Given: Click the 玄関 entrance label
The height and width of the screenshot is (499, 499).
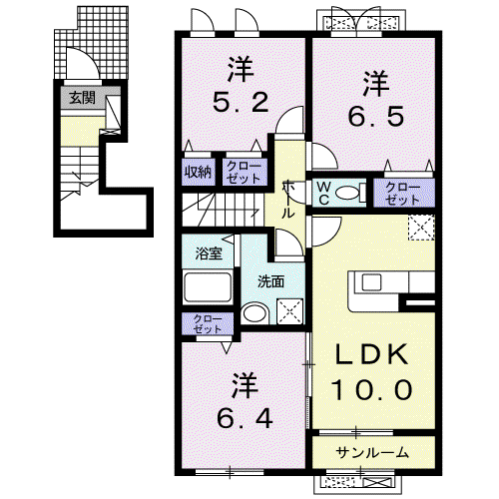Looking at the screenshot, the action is pyautogui.click(x=83, y=98).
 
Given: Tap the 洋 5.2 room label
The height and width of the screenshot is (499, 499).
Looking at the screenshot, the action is pyautogui.click(x=241, y=85).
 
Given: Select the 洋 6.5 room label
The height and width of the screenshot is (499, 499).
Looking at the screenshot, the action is pyautogui.click(x=376, y=99).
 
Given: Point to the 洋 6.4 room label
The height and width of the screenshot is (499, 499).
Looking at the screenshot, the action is pyautogui.click(x=245, y=401).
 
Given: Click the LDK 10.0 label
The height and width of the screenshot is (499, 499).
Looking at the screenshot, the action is pyautogui.click(x=371, y=372).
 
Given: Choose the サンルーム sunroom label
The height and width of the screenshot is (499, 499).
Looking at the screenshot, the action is pyautogui.click(x=372, y=453).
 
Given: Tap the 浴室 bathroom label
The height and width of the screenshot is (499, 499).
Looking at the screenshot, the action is pyautogui.click(x=209, y=254).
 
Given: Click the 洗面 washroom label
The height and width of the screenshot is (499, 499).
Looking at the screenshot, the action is pyautogui.click(x=271, y=282).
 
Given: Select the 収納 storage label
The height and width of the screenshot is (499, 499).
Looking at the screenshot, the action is pyautogui.click(x=198, y=172).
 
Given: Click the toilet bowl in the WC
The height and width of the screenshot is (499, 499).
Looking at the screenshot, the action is pyautogui.click(x=347, y=193).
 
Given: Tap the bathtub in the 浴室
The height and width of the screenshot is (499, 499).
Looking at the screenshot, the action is pyautogui.click(x=208, y=287).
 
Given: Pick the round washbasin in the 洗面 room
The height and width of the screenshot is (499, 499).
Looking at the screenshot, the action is pyautogui.click(x=254, y=313).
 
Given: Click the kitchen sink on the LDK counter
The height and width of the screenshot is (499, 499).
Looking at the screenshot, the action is pyautogui.click(x=373, y=282).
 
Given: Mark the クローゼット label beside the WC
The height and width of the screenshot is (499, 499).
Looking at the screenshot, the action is pyautogui.click(x=402, y=194).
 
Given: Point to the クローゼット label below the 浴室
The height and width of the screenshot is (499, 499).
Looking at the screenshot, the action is pyautogui.click(x=208, y=324).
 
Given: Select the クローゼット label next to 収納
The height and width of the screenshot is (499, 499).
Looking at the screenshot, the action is pyautogui.click(x=244, y=173).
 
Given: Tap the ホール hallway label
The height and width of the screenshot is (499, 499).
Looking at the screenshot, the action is pyautogui.click(x=287, y=200).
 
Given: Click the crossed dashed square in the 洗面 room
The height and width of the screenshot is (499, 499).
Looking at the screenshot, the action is pyautogui.click(x=290, y=311).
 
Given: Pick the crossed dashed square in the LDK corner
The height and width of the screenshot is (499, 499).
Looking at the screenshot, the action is pyautogui.click(x=421, y=228).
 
